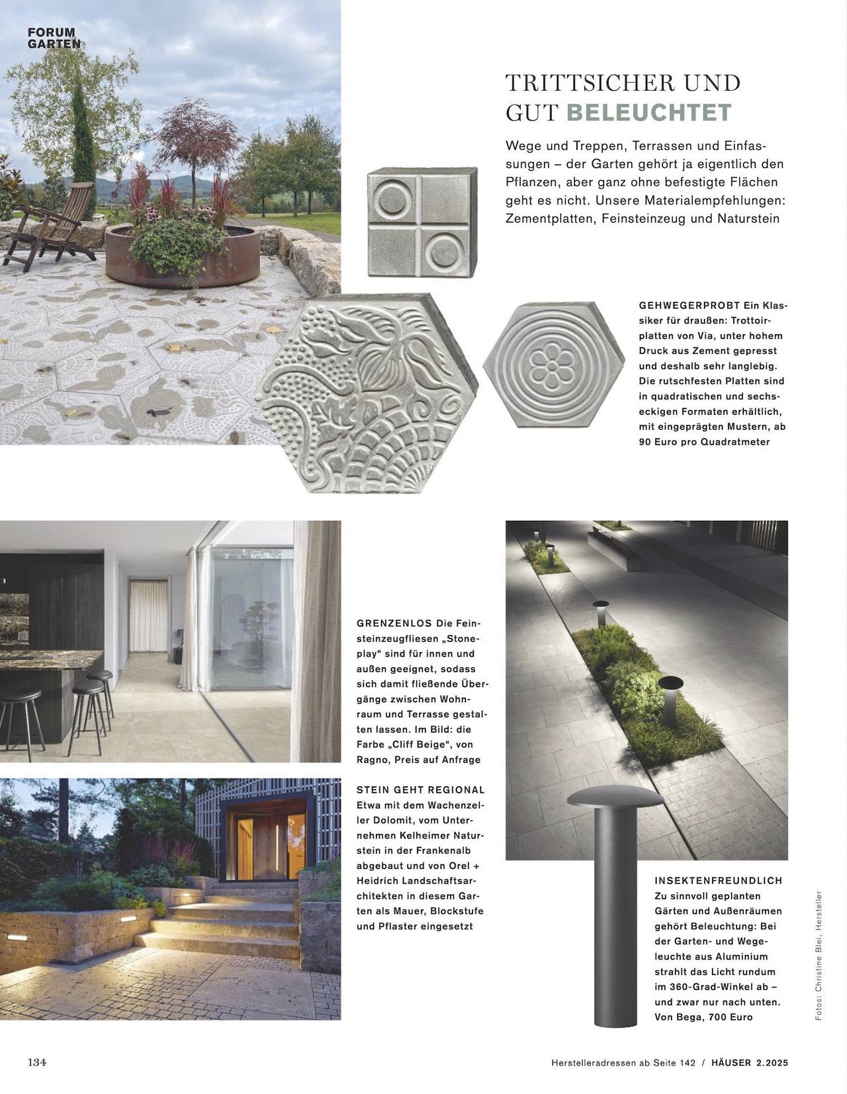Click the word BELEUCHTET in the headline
[x=648, y=113]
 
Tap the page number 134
[x=36, y=1062]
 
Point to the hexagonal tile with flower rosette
[x=553, y=365]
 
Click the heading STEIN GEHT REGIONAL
[x=420, y=790]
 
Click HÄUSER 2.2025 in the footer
[x=750, y=1063]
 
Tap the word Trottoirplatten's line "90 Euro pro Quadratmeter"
[x=704, y=442]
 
